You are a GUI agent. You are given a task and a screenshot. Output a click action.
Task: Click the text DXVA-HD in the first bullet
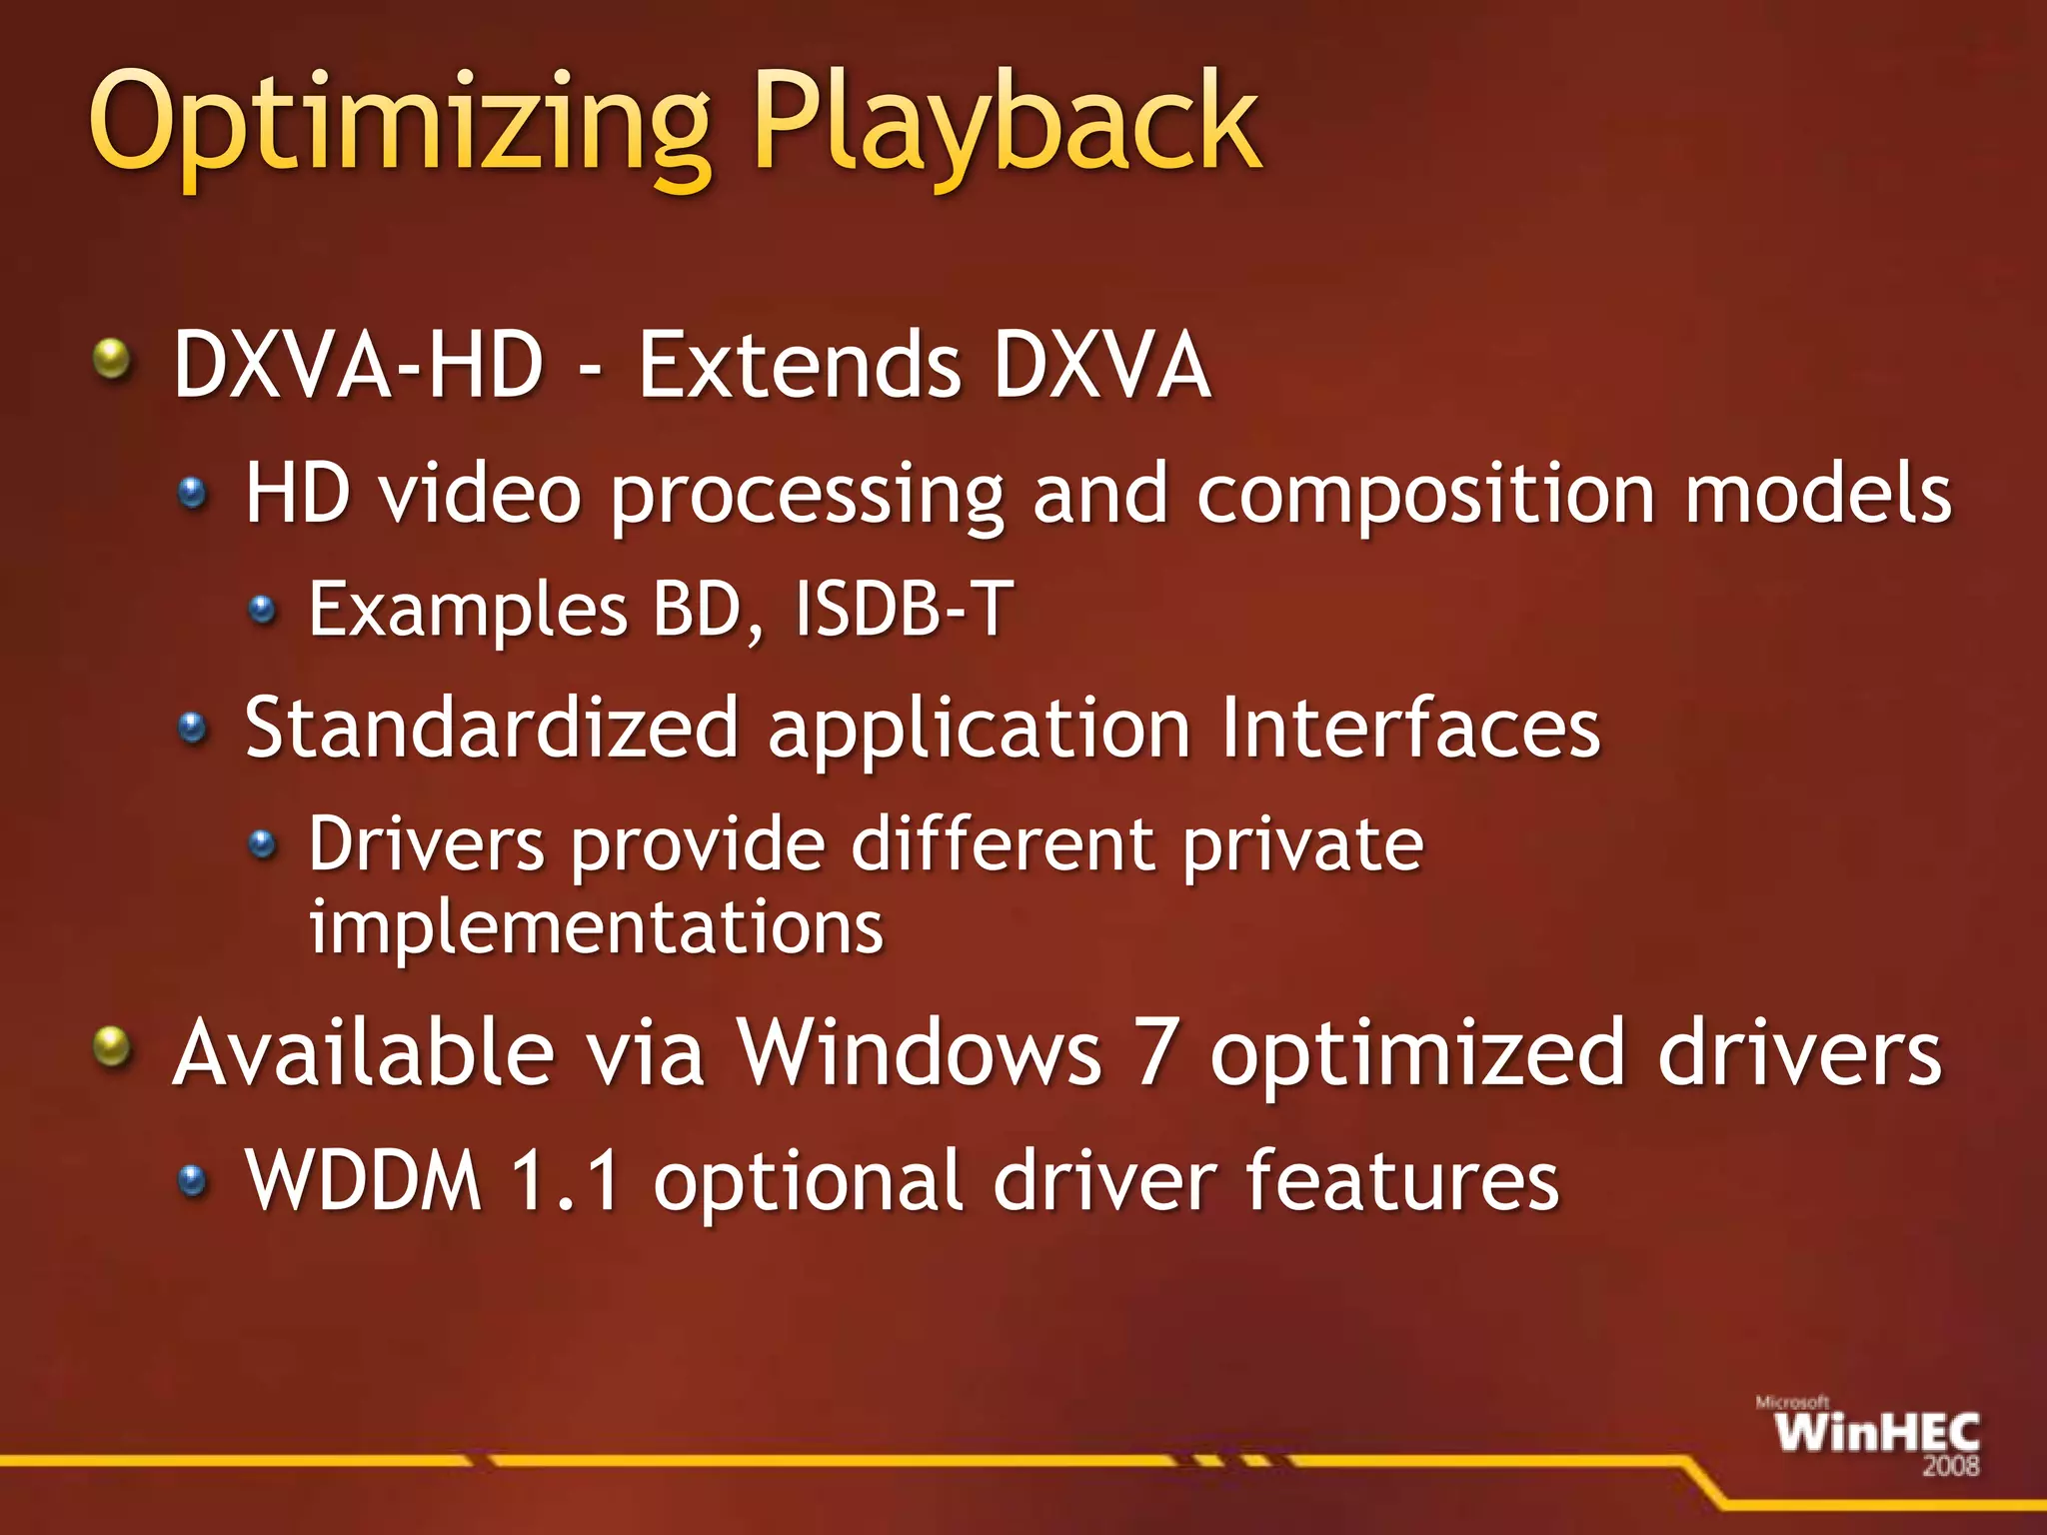point(358,366)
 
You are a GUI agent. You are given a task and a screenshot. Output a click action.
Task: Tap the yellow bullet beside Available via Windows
point(112,1047)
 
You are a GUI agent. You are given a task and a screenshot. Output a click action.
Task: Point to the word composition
point(1424,495)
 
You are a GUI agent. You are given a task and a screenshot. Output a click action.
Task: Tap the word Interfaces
point(1410,729)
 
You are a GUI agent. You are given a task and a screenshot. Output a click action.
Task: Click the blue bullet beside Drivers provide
point(262,845)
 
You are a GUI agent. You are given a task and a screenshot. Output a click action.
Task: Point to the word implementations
point(596,927)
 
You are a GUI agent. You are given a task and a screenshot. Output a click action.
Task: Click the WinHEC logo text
point(1876,1433)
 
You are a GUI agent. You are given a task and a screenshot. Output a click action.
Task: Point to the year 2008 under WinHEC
point(1950,1466)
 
